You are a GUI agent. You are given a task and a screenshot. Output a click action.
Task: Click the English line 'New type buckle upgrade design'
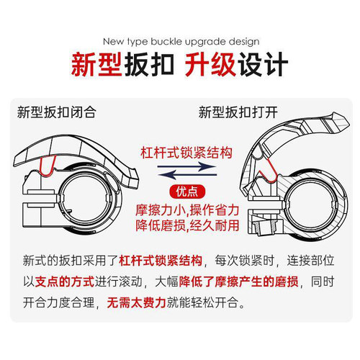coord(181,42)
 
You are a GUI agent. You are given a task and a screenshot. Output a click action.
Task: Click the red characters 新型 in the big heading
coord(96,65)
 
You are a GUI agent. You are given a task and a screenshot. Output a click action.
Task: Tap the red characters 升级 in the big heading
coord(210,65)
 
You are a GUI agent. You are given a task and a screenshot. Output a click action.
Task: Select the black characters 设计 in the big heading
coord(263,65)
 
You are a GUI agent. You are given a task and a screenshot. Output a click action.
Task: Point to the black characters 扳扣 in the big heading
coord(149,65)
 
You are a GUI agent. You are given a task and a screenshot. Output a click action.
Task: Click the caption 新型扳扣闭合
coord(57,112)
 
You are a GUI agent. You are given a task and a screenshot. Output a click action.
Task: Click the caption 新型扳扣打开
coord(238,112)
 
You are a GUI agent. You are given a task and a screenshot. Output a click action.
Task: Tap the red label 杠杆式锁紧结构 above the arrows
coord(186,153)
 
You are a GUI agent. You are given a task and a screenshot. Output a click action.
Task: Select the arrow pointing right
coord(187,166)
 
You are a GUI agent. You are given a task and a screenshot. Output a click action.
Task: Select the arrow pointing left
coord(187,175)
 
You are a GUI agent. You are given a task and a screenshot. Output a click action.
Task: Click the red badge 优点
coord(187,192)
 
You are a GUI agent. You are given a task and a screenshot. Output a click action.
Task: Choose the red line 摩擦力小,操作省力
coord(187,210)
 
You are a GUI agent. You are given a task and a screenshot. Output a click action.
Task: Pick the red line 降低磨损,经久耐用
coord(187,225)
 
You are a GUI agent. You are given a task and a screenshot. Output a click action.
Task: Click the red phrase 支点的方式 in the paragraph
coord(65,282)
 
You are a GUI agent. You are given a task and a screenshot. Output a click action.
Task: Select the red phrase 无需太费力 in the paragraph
coord(137,302)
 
